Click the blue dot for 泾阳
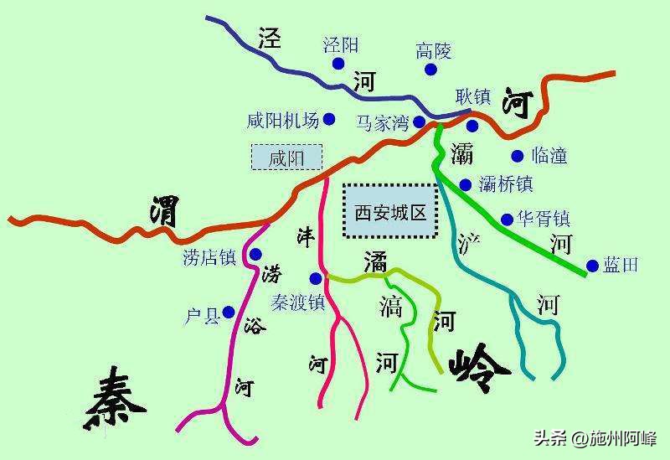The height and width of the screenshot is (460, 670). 338,64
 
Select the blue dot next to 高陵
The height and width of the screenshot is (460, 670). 430,70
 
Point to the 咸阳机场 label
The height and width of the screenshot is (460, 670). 283,121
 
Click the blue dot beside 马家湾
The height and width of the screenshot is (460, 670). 419,122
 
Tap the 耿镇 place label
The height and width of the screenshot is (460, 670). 472,97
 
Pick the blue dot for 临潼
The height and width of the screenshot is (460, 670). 517,155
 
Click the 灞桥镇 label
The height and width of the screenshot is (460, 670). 506,183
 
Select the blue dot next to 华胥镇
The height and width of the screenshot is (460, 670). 507,220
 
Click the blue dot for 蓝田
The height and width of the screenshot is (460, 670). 592,266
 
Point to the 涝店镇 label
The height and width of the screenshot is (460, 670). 209,257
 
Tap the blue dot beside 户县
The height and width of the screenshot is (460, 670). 229,313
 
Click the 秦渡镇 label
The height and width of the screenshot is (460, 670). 297,302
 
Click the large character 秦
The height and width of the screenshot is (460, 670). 115,400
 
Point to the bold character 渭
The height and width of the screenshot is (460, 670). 164,211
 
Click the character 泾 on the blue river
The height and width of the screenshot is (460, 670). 270,38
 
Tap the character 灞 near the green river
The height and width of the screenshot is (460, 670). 461,153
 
